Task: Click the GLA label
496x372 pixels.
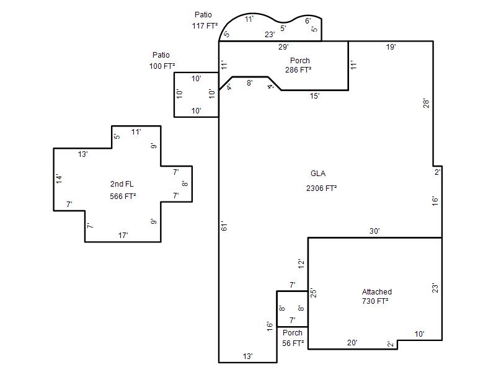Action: click(318, 174)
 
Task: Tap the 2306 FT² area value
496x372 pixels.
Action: click(321, 188)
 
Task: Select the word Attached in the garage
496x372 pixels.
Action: click(377, 291)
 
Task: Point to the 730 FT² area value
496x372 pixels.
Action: click(375, 301)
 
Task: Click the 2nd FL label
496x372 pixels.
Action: click(122, 184)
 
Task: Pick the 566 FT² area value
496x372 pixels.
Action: click(123, 196)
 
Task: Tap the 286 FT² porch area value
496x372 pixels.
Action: click(298, 69)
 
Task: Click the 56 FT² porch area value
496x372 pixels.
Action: click(293, 343)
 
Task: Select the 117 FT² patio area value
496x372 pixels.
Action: click(205, 25)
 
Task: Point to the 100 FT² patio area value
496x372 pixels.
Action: click(162, 66)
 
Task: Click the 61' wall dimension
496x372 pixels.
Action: click(224, 226)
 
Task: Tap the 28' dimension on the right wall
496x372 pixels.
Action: click(427, 104)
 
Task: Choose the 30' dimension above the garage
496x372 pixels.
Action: click(374, 231)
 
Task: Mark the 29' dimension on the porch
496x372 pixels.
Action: click(283, 47)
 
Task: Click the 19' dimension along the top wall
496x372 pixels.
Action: click(391, 47)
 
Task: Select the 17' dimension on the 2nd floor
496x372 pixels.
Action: click(123, 236)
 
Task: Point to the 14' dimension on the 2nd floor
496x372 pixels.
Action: click(59, 179)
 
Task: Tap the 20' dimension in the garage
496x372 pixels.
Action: click(352, 343)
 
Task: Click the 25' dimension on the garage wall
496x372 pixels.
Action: click(313, 293)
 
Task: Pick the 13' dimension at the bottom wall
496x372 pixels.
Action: click(247, 356)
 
